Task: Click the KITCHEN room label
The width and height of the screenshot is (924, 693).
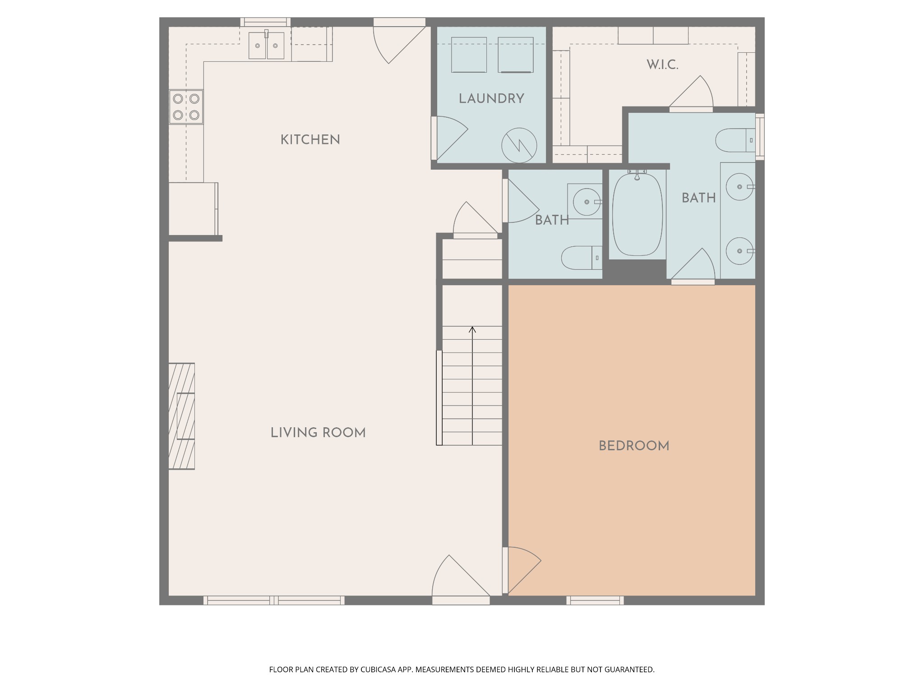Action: click(x=310, y=140)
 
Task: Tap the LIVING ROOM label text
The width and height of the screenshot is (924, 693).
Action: click(x=318, y=433)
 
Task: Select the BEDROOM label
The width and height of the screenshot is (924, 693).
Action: click(x=634, y=446)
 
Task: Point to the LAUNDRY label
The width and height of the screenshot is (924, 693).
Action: click(x=491, y=99)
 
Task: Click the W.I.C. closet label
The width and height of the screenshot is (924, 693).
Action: click(x=662, y=65)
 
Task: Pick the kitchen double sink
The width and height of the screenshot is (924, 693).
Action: click(x=266, y=45)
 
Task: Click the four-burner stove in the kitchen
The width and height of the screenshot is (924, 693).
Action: click(x=186, y=107)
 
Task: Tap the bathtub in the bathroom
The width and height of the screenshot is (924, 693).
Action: click(x=637, y=215)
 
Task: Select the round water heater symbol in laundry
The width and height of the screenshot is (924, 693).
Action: click(x=519, y=146)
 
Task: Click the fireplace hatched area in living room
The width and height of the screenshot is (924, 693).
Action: click(x=181, y=416)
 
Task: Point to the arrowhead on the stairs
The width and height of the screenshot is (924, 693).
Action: click(x=472, y=329)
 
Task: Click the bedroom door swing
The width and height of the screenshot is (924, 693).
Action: click(x=524, y=570)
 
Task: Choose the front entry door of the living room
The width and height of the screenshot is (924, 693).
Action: click(x=461, y=579)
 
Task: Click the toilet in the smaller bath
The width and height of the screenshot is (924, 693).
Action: click(x=582, y=258)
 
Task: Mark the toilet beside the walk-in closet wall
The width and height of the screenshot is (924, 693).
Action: click(x=735, y=140)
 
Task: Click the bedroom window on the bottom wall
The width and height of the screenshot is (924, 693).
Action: click(x=595, y=601)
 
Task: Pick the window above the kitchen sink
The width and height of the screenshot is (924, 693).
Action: click(x=265, y=22)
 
